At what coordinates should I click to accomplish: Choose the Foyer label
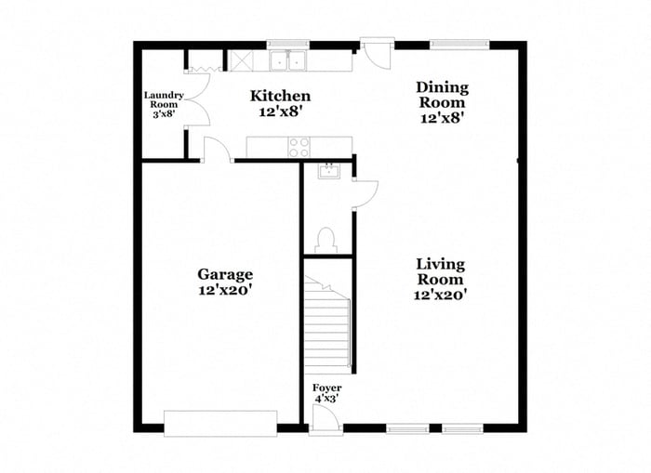[326, 388]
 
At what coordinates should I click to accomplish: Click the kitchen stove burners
[299, 146]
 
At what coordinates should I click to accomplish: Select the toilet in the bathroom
[325, 241]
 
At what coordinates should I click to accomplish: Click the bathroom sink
[327, 171]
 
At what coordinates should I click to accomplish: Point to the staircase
[328, 316]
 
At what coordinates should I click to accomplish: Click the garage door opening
[219, 423]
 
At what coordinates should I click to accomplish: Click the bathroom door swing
[365, 192]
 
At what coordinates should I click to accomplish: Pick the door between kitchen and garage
[217, 150]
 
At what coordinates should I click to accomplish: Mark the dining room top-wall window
[459, 43]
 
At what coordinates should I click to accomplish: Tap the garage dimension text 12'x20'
[225, 290]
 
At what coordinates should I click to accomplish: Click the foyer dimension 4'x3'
[326, 399]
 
